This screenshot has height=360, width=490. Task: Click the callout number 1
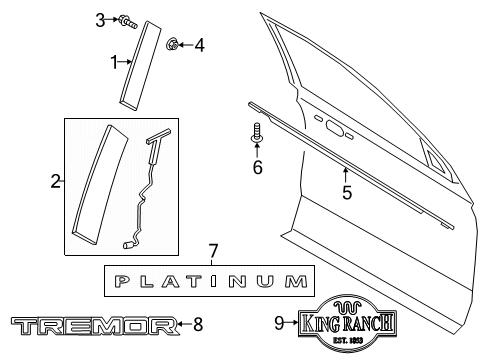114,61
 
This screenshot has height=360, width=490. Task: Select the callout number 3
100,19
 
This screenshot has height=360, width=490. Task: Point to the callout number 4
199,44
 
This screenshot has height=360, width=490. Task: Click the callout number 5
346,193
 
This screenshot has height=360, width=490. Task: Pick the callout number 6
257,167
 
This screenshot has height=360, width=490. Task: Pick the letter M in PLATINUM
292,281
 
